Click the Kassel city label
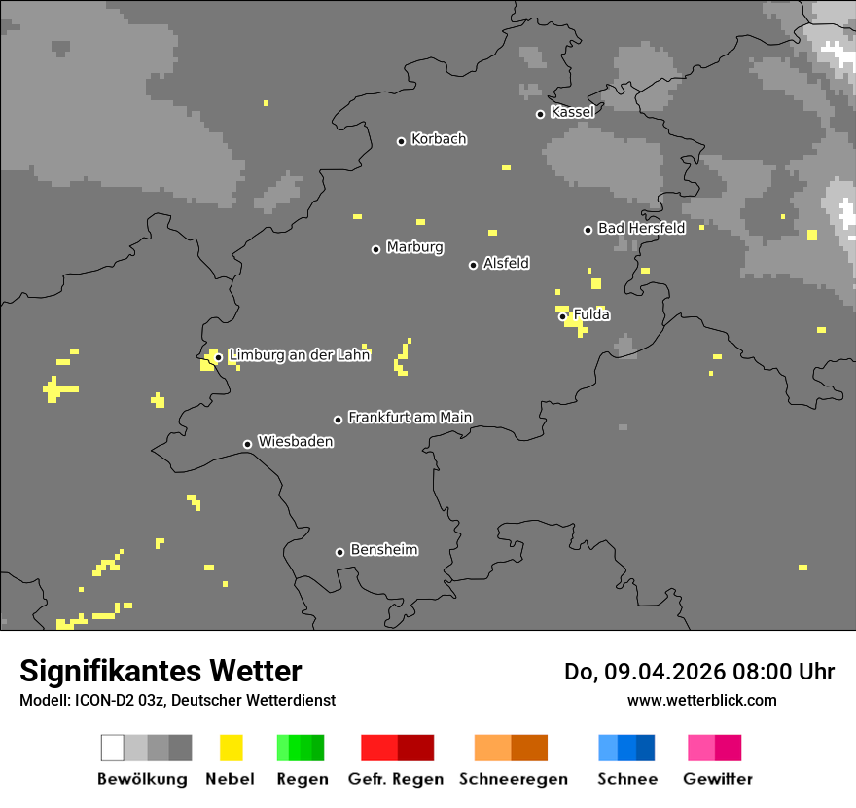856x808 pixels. point(572,112)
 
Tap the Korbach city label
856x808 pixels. point(439,139)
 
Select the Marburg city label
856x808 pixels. point(414,247)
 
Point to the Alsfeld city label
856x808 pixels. point(506,263)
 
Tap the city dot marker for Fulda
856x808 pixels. point(562,316)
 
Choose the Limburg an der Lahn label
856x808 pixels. point(299,355)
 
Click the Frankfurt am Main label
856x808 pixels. point(410,417)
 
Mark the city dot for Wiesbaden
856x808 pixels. point(247,444)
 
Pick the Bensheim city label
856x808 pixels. point(383,550)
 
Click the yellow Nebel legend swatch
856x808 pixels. point(231,748)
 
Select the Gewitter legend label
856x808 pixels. point(717,779)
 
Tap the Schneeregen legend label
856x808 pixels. point(513,779)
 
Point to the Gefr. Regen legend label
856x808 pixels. point(395,779)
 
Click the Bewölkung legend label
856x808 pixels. point(142,779)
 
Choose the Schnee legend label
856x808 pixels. point(627,779)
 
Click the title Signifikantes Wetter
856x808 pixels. point(160,671)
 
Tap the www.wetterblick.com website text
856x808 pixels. point(701,700)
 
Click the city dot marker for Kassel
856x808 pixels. point(540,114)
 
